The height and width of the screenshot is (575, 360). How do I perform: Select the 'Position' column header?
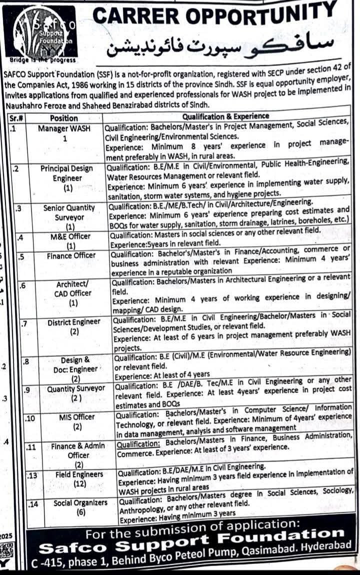click(x=64, y=118)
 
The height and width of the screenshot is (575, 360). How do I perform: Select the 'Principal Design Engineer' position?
click(x=67, y=173)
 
